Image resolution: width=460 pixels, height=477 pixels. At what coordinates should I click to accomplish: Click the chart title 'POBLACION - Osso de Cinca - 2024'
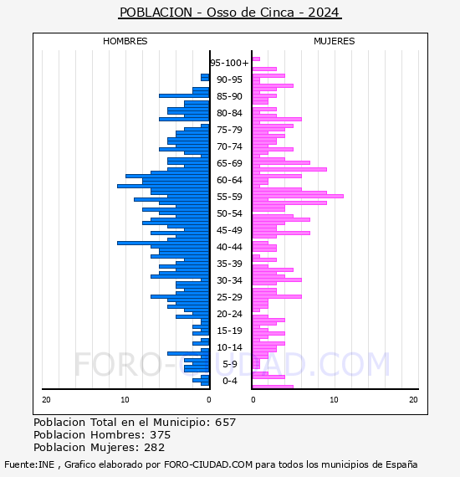[x=230, y=13]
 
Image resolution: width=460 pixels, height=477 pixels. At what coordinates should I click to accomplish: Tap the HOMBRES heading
[x=125, y=41]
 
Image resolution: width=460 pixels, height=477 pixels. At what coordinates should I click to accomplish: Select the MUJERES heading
[x=335, y=41]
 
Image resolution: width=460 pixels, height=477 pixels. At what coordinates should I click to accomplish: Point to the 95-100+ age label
[x=229, y=63]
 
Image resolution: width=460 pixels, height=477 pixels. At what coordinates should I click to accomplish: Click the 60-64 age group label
[x=229, y=180]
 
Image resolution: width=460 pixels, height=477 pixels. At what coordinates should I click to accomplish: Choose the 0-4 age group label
[x=229, y=381]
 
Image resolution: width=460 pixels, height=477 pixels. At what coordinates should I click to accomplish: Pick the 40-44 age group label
[x=229, y=247]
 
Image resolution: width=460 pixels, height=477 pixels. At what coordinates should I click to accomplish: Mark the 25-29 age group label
[x=229, y=297]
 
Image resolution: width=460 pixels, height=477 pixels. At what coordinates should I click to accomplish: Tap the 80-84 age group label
[x=229, y=113]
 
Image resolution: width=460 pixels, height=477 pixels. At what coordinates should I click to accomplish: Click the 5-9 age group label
[x=229, y=364]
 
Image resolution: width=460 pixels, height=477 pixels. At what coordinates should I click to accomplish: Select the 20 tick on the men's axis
[x=46, y=399]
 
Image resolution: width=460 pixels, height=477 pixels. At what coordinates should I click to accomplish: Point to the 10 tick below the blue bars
[x=125, y=399]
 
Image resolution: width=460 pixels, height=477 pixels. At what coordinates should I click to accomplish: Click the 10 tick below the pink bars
[x=335, y=399]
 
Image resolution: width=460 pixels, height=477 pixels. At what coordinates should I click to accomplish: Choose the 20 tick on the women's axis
[x=413, y=399]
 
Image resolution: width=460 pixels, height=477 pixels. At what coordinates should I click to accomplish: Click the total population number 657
[x=225, y=423]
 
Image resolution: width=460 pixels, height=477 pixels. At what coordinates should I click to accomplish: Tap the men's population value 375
[x=161, y=434]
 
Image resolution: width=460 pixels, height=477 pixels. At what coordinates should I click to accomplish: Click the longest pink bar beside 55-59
[x=298, y=196]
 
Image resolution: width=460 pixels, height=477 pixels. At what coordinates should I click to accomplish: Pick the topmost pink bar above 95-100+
[x=256, y=59]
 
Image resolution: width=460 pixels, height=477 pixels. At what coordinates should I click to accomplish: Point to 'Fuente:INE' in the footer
[x=29, y=464]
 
